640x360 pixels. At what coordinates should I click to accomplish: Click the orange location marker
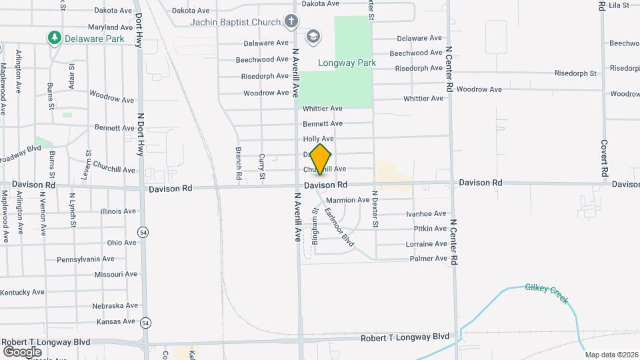[x=320, y=159]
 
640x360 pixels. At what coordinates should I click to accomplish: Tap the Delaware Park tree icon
[x=55, y=38]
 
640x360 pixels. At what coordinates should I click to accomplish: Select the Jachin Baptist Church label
[x=235, y=22]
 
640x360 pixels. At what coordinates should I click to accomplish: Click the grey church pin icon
[x=291, y=22]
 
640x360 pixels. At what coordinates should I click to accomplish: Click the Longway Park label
[x=347, y=63]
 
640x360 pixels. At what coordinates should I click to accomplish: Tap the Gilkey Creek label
[x=547, y=293]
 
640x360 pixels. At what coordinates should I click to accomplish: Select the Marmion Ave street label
[x=348, y=200]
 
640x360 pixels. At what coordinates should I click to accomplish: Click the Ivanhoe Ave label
[x=427, y=214]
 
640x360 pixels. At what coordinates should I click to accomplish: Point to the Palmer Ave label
[x=429, y=259]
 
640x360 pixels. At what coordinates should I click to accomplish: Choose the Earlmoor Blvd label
[x=339, y=228]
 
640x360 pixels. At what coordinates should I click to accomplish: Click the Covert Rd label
[x=603, y=158]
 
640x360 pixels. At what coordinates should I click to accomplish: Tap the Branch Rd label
[x=238, y=164]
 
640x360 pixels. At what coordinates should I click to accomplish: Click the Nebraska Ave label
[x=115, y=305]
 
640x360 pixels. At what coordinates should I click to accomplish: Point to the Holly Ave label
[x=319, y=139]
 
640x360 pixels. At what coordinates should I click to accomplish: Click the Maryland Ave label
[x=111, y=27]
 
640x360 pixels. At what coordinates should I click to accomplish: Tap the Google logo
[x=22, y=351]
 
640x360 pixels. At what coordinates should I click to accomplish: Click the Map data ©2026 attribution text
[x=612, y=354]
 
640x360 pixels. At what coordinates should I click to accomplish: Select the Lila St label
[x=619, y=5]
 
